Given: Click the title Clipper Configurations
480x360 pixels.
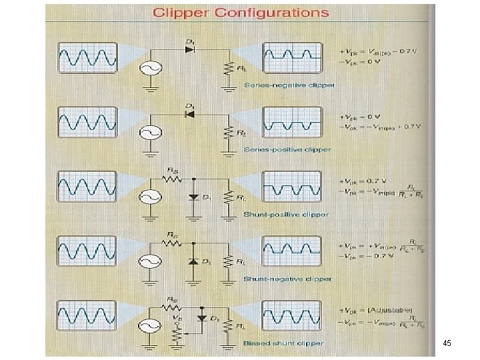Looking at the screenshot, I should [241, 13].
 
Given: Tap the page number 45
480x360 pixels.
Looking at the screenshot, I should [446, 343].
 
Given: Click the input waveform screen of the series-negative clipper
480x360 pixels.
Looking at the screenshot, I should [87, 57].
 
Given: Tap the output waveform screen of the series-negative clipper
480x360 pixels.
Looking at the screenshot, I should [293, 57].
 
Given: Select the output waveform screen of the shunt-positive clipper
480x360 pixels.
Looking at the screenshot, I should [293, 186].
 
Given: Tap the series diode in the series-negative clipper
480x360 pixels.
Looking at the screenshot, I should [191, 51].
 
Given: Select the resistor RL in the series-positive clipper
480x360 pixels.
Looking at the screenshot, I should [230, 132].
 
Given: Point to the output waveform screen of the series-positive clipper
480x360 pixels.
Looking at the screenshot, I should [293, 122].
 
